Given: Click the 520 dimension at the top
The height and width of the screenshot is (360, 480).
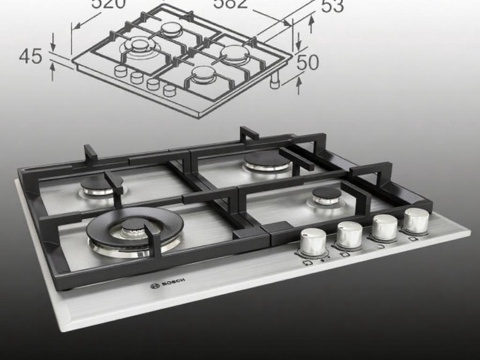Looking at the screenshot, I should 112,5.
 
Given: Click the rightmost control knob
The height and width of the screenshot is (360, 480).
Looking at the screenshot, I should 415,219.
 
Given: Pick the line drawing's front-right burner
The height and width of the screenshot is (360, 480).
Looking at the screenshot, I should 203,72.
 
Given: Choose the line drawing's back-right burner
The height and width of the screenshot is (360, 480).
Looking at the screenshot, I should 233,50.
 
